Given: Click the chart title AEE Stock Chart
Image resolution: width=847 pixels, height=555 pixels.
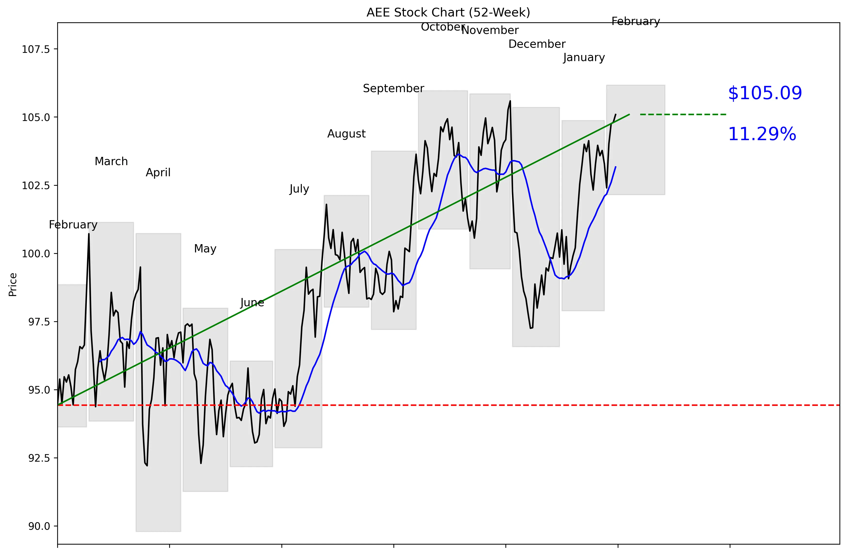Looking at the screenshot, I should (448, 12).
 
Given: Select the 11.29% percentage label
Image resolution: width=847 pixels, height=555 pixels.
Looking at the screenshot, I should (762, 134).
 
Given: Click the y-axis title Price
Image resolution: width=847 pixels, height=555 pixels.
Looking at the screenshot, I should (13, 284).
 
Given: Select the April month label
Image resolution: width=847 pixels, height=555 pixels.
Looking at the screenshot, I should (158, 173).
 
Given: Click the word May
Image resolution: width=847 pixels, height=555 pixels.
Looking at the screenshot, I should (205, 249).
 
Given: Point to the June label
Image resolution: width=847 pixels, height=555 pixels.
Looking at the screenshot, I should (252, 303).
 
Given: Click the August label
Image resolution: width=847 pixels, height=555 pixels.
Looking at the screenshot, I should (346, 134).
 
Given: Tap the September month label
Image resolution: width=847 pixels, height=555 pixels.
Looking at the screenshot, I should (393, 88).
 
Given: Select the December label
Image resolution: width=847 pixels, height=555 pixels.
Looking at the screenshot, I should (537, 44).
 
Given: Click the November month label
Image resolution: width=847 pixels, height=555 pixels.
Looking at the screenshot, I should (490, 30).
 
